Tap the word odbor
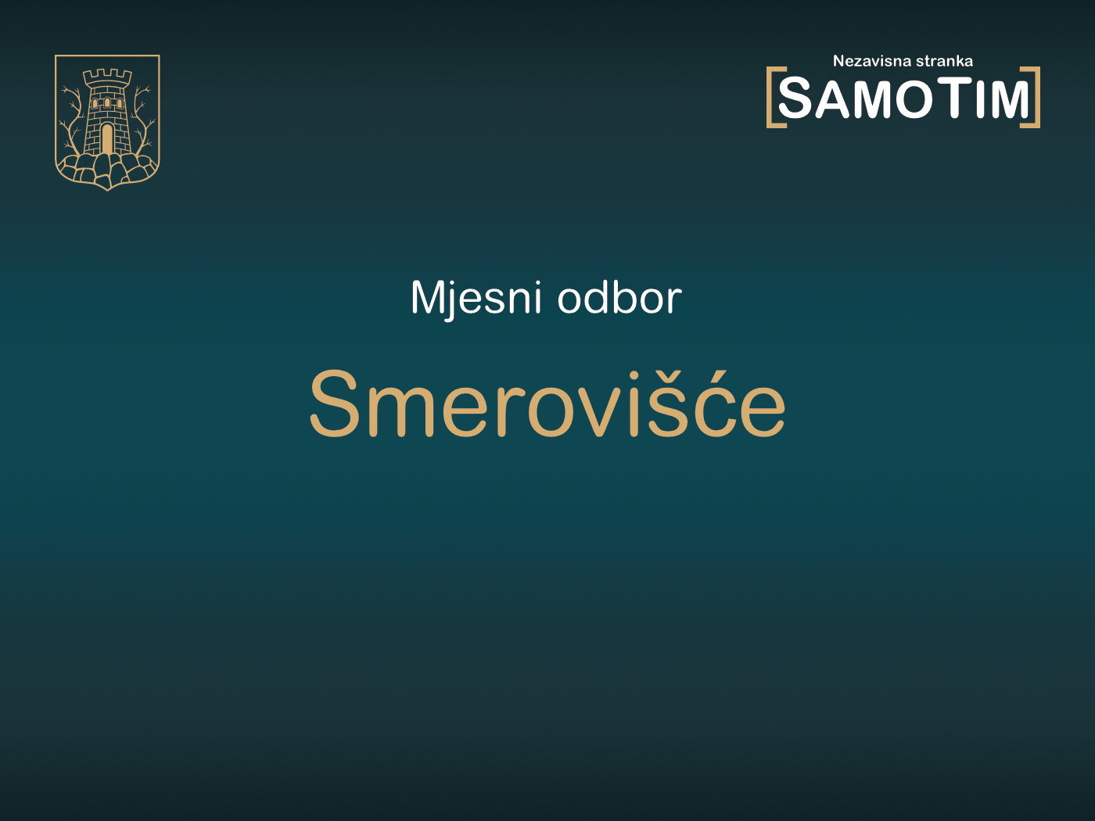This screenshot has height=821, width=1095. [619, 298]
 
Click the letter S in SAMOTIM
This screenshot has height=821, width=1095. [795, 99]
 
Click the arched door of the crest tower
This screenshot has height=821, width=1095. [107, 139]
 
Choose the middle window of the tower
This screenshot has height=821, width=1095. [107, 103]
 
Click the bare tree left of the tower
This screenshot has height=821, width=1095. [73, 117]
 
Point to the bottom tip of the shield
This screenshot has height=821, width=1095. [107, 188]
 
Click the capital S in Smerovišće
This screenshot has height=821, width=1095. [334, 403]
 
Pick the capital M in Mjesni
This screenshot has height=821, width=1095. [428, 298]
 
